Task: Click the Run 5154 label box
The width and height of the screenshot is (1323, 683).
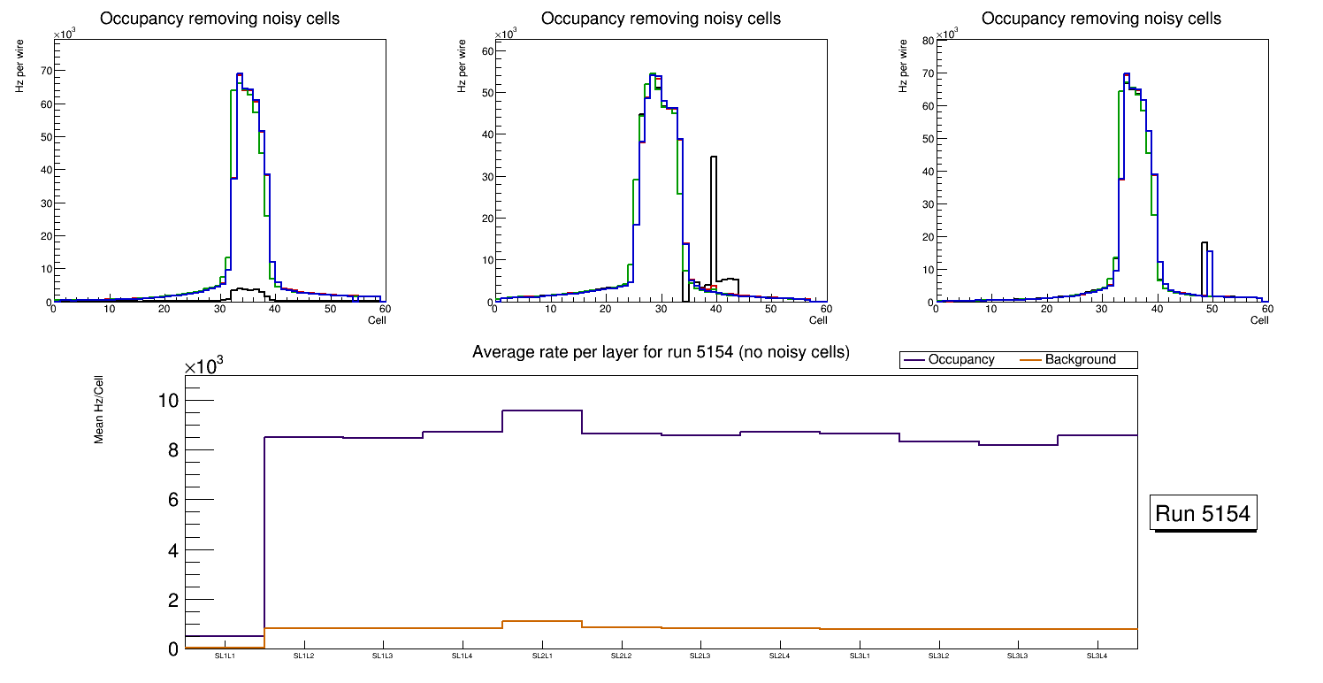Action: (x=1203, y=514)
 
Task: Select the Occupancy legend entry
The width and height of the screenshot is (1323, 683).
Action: (x=960, y=359)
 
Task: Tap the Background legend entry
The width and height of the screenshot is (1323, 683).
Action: (x=1079, y=359)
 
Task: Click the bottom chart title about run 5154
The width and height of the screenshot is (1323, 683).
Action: (x=661, y=352)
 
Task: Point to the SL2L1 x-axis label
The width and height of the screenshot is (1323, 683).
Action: (x=542, y=656)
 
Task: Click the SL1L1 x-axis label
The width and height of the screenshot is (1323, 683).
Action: (x=225, y=656)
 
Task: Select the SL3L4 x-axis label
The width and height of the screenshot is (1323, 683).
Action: (x=1097, y=656)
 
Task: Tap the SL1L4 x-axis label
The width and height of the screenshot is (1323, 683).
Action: (x=463, y=656)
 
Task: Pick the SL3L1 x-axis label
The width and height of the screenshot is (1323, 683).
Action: (x=860, y=656)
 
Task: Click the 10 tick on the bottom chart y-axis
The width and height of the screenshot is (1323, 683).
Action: (x=168, y=400)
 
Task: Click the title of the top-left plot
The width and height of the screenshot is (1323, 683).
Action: (x=219, y=19)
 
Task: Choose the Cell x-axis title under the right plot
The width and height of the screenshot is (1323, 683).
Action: (x=1259, y=320)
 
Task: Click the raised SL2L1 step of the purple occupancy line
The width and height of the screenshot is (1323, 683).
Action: (x=542, y=411)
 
